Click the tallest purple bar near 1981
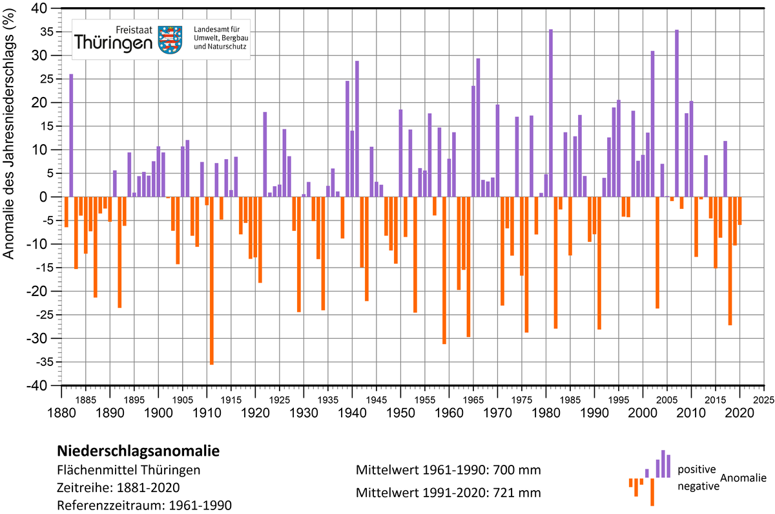pos(551,113)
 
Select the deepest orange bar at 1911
pos(212,281)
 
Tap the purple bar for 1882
pos(71,135)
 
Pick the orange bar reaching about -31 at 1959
pos(444,270)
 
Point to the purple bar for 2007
pos(677,113)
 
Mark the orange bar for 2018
pos(730,261)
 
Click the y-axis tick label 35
pos(39,32)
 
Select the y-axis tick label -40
pos(37,385)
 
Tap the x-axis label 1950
pos(400,413)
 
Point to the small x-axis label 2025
pos(763,400)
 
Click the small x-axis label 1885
pos(86,400)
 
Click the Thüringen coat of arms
pos(170,39)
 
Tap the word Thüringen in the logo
pos(113,43)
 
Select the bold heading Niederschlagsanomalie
pos(138,451)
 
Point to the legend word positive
pos(696,469)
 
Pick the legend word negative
pos(698,486)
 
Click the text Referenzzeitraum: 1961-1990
pos(144,506)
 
